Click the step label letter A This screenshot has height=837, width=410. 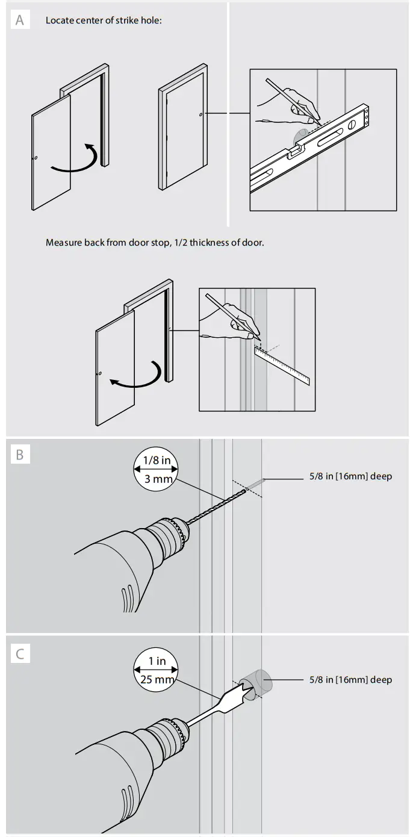click(x=20, y=20)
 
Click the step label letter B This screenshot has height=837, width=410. click(x=20, y=455)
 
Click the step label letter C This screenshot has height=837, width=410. click(x=20, y=653)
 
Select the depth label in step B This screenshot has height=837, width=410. click(x=350, y=476)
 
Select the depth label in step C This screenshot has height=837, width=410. click(x=350, y=680)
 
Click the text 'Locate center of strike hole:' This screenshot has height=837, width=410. click(x=104, y=20)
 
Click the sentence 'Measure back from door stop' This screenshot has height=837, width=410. click(x=155, y=243)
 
